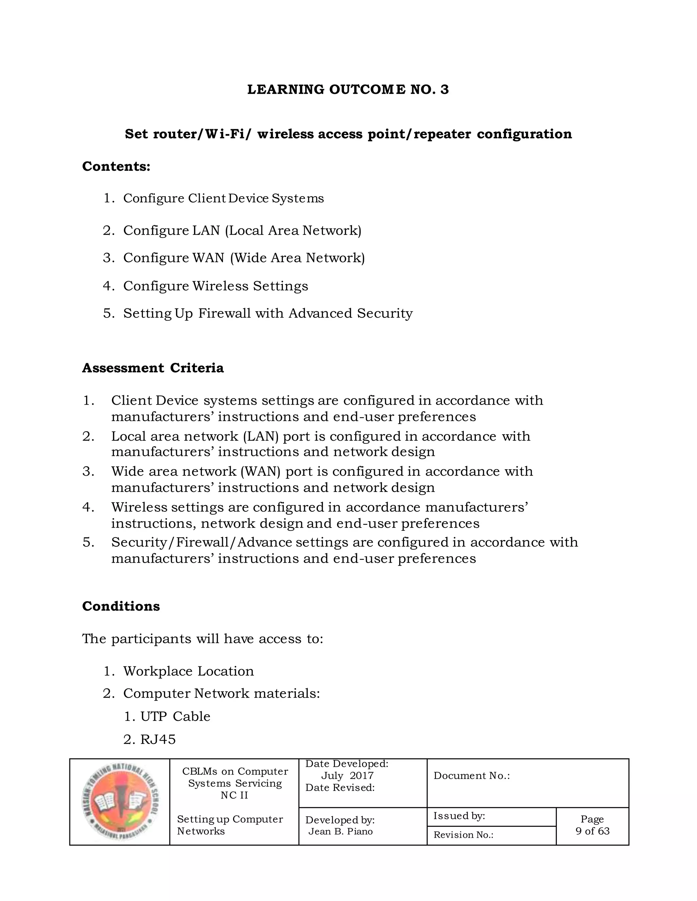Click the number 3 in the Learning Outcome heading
444,89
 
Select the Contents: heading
116,166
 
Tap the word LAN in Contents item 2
207,230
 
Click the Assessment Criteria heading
153,368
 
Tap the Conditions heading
121,606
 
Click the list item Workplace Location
188,671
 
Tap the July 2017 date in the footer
347,776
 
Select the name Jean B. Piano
340,831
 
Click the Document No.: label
472,776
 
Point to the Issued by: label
459,816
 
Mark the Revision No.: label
463,835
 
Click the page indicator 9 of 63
592,831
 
